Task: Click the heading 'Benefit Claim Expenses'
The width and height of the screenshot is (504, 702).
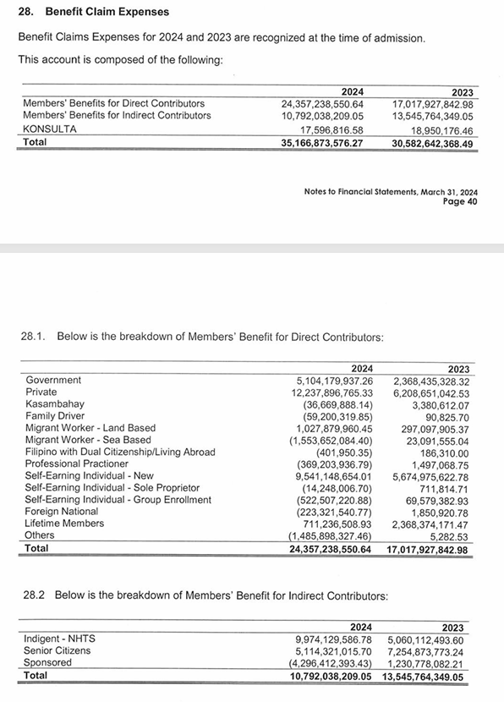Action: (x=107, y=12)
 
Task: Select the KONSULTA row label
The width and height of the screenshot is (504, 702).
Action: (x=50, y=129)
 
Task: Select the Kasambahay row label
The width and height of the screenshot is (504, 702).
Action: (x=55, y=404)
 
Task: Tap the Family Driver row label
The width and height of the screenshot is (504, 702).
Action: (x=55, y=416)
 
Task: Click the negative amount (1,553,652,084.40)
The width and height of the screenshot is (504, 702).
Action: (x=331, y=440)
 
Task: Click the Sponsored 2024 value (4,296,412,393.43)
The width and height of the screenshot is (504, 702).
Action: (x=326, y=663)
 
